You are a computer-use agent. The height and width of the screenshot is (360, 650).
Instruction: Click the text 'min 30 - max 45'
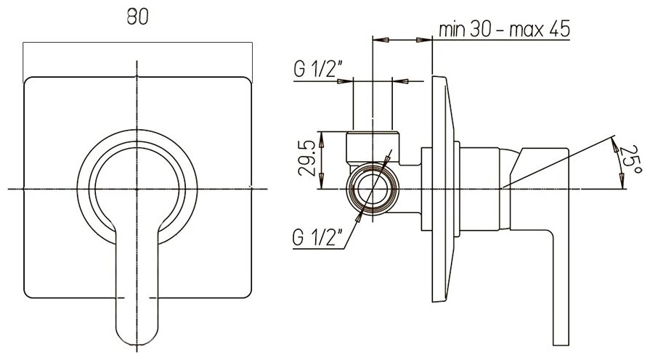click(503, 30)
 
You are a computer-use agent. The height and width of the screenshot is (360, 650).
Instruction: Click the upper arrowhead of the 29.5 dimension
click(320, 136)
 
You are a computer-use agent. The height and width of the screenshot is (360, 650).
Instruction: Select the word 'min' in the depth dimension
click(452, 30)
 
